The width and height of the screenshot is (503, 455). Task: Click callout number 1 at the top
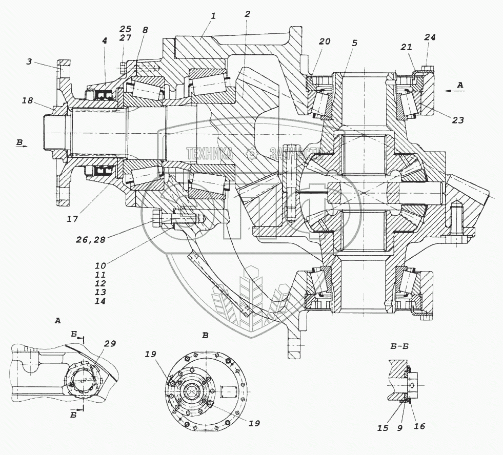coord(214,16)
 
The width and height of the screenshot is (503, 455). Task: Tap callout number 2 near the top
coord(247,14)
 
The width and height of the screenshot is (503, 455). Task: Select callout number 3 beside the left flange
coord(29,61)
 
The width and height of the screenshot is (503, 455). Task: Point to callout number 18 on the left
coord(28,100)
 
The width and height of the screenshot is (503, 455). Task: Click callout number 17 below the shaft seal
coord(72,219)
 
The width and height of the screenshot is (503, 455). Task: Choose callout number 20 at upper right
coord(325,42)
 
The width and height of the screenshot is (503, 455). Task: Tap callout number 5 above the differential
coord(354,43)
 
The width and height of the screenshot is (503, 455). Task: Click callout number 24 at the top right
coord(430,37)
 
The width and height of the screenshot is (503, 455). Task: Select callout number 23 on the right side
coord(458,120)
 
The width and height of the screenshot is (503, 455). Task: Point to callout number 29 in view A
coord(110,343)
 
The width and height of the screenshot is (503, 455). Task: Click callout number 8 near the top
coord(145,30)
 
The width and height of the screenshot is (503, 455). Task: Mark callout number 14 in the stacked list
coord(100,301)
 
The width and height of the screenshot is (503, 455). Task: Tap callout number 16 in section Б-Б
coord(419,426)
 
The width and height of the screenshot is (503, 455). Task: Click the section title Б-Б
coord(399,346)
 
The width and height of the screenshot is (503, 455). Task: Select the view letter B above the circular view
coord(205,336)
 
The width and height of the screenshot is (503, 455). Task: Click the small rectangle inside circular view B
coord(229,392)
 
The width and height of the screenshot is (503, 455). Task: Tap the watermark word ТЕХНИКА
coord(210,154)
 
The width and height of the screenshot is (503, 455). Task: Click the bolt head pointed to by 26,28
coord(157,219)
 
